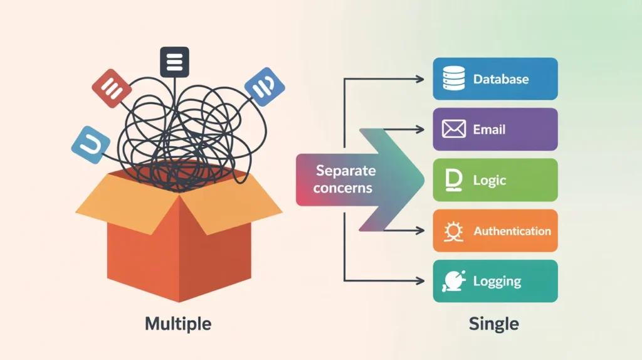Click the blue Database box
pos(495,79)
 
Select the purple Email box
pos(495,129)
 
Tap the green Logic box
pos(495,180)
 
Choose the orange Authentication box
pos(495,231)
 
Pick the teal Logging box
pos(495,281)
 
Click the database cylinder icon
pos(453,79)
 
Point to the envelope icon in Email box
pos(453,130)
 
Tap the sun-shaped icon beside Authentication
pos(453,231)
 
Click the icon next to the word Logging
pos(453,281)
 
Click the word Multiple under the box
pos(178,324)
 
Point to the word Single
pos(494,324)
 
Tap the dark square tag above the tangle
pos(174,62)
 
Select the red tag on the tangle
pos(112,88)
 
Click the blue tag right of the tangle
pos(265,86)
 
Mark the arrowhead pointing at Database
pos(421,79)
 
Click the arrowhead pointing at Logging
pos(421,280)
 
